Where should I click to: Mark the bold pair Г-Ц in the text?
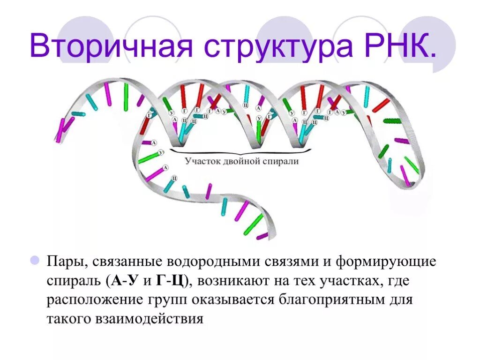click(171, 280)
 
